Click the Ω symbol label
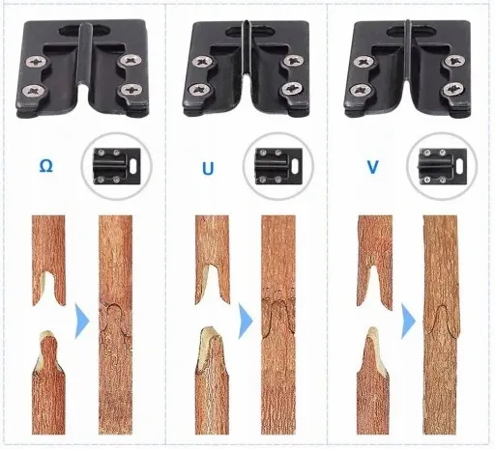pyautogui.click(x=45, y=166)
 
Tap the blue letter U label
pyautogui.click(x=208, y=168)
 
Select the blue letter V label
pyautogui.click(x=372, y=167)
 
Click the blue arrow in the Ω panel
pyautogui.click(x=82, y=321)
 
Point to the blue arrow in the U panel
pyautogui.click(x=246, y=321)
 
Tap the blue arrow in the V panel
pyautogui.click(x=408, y=321)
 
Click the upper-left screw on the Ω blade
pyautogui.click(x=35, y=61)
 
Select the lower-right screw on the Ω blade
pyautogui.click(x=131, y=90)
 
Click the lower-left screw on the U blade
pyautogui.click(x=198, y=90)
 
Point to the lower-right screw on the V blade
pyautogui.click(x=453, y=90)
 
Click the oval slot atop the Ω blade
pyautogui.click(x=85, y=30)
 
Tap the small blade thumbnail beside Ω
pyautogui.click(x=117, y=166)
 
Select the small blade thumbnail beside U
pyautogui.click(x=278, y=166)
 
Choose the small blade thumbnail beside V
pyautogui.click(x=443, y=166)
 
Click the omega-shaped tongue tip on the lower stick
pyautogui.click(x=48, y=342)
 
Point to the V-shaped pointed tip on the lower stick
pyautogui.click(x=372, y=340)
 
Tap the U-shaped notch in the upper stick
pyautogui.click(x=212, y=279)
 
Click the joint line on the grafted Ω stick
pyautogui.click(x=115, y=322)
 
